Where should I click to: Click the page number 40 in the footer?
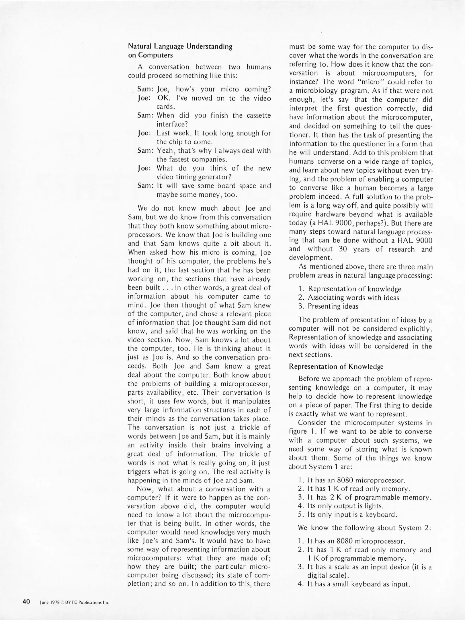26,602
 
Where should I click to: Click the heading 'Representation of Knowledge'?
336,367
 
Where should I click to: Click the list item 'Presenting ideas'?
333,306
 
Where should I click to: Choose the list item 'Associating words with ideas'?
353,298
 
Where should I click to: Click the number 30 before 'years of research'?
343,249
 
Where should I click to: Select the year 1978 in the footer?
54,602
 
